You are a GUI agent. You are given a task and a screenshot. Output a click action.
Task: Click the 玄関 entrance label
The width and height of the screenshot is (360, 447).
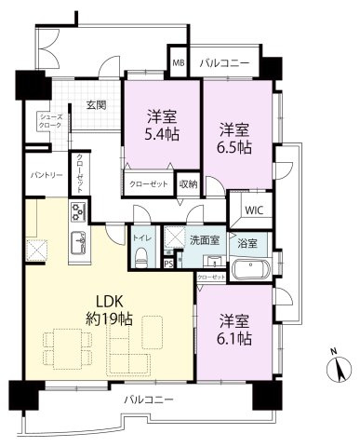(96, 104)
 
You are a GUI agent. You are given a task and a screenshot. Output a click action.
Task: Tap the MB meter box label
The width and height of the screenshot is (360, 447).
(178, 64)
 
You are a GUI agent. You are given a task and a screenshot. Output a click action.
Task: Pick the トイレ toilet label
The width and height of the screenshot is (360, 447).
(141, 237)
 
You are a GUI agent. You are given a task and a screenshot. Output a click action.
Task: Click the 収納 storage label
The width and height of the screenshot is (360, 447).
(188, 184)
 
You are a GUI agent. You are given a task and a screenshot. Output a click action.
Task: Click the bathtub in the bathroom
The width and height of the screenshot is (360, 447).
(249, 271)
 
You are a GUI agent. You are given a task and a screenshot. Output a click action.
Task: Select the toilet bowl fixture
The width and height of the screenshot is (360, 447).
(140, 260)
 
